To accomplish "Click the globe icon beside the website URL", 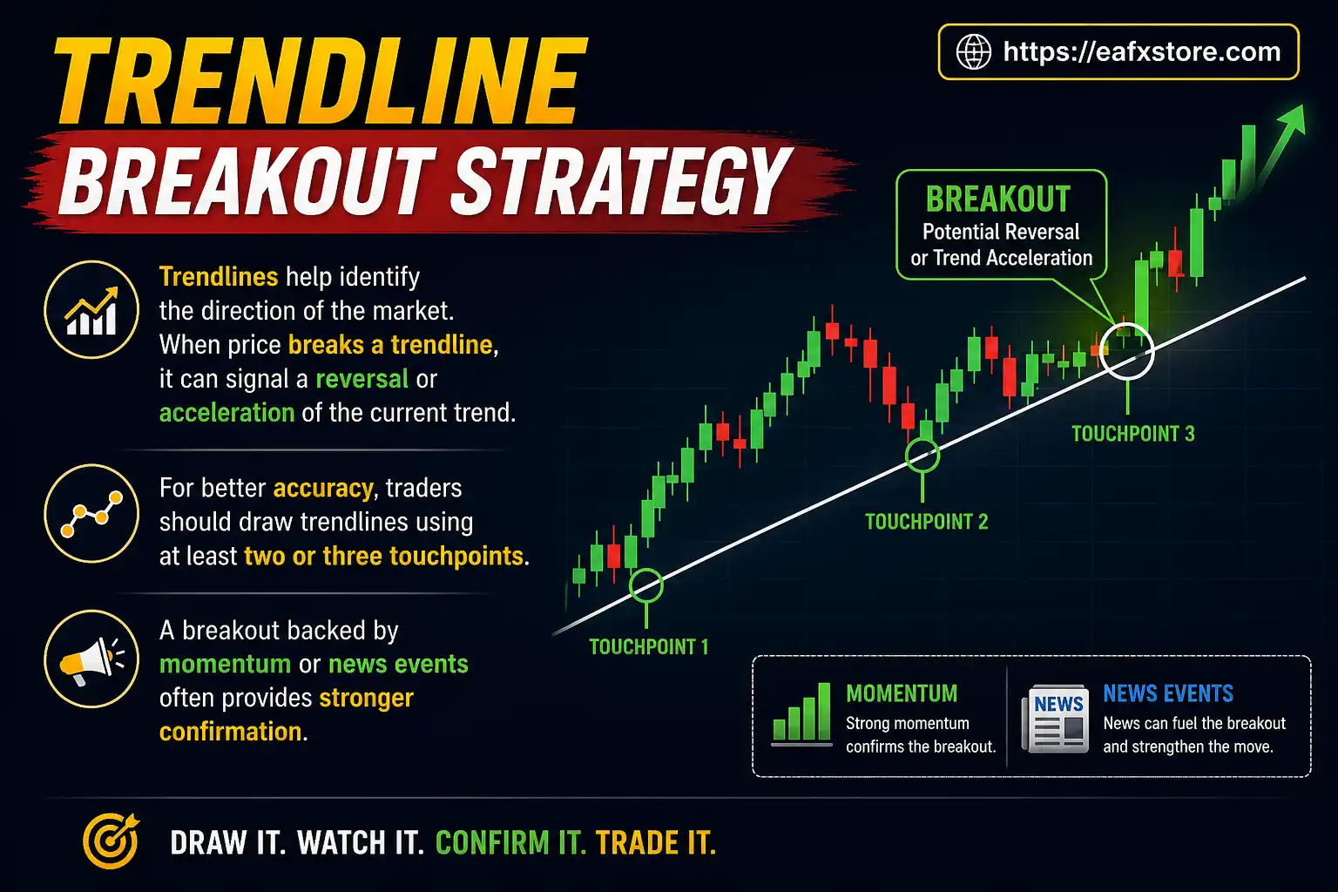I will pyautogui.click(x=973, y=51).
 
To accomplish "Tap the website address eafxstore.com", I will pyautogui.click(x=1141, y=51).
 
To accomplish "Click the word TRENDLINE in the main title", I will pyautogui.click(x=319, y=83).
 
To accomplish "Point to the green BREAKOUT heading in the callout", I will pyautogui.click(x=998, y=199).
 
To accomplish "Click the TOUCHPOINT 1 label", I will pyautogui.click(x=649, y=646).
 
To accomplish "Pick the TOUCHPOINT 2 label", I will pyautogui.click(x=926, y=522).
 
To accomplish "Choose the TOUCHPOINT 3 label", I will pyautogui.click(x=1132, y=434).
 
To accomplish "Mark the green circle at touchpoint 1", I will pyautogui.click(x=646, y=585).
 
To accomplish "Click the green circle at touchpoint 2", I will pyautogui.click(x=922, y=455).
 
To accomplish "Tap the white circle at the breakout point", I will pyautogui.click(x=1127, y=351).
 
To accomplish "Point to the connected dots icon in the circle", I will pyautogui.click(x=91, y=514).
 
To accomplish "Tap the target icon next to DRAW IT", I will pyautogui.click(x=111, y=841).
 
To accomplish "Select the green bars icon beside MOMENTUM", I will pyautogui.click(x=801, y=714).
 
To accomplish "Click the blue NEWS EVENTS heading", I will pyautogui.click(x=1168, y=693).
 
